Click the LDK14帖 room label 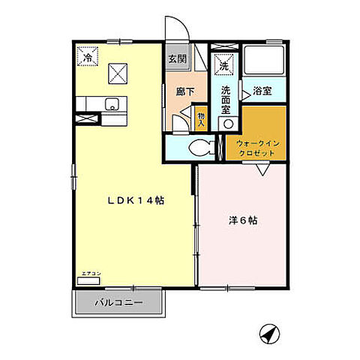pyautogui.click(x=136, y=200)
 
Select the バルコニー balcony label pyautogui.click(x=118, y=304)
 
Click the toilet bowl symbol pyautogui.click(x=199, y=148)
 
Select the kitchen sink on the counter pyautogui.click(x=109, y=103)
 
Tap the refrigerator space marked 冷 pyautogui.click(x=88, y=58)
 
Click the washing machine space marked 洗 pyautogui.click(x=223, y=65)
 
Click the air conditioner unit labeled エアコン pyautogui.click(x=88, y=280)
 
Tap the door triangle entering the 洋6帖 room pyautogui.click(x=263, y=170)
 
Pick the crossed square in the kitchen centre pyautogui.click(x=118, y=73)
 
